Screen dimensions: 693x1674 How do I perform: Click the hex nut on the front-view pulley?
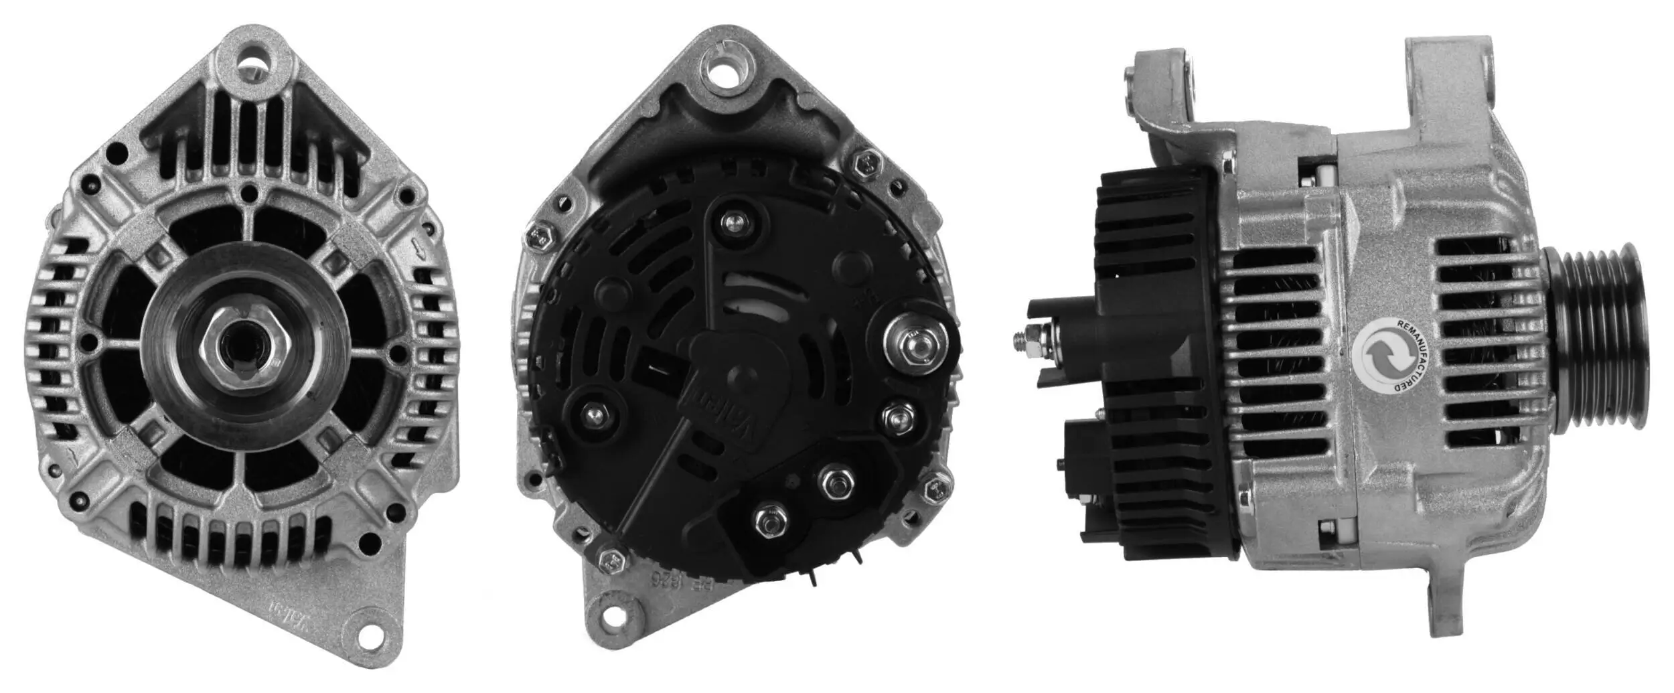click(x=244, y=347)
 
